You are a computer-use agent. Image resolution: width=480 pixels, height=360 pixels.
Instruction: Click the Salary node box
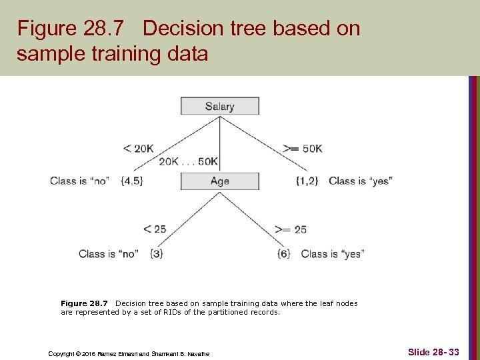tap(219, 106)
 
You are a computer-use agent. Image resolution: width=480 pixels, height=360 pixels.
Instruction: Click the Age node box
tap(219, 181)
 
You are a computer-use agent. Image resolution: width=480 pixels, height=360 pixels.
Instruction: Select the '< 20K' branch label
tap(138, 149)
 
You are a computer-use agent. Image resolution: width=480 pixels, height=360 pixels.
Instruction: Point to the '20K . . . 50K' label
tap(189, 162)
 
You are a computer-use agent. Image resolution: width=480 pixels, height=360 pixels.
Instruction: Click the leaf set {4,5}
tap(132, 181)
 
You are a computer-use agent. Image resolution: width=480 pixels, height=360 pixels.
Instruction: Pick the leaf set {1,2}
tap(307, 181)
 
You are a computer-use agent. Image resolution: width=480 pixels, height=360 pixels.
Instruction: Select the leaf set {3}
tap(157, 253)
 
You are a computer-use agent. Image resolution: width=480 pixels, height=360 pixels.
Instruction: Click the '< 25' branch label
tap(155, 229)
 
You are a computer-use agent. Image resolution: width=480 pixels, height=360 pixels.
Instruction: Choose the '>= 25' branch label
tap(291, 229)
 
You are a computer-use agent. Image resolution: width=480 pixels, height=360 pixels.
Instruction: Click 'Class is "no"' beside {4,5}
tap(79, 181)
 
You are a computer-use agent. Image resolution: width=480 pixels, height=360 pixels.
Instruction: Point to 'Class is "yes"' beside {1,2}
tap(360, 181)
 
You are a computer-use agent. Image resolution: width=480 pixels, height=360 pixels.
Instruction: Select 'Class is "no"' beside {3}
tap(108, 253)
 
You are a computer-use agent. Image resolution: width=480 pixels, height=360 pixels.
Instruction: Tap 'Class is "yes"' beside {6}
tap(332, 253)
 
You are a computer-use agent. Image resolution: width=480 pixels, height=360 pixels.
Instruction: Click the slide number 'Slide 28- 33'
tap(433, 351)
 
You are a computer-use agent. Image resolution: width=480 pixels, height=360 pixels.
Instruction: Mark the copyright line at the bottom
tap(129, 353)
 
